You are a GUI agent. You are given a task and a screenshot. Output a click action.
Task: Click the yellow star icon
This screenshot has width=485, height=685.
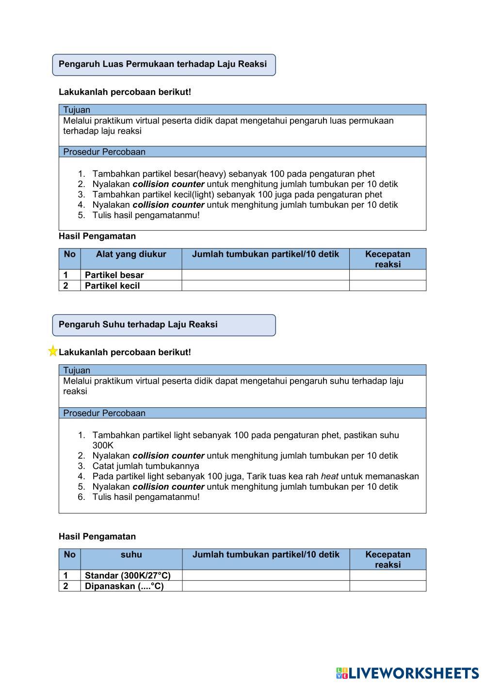coord(52,351)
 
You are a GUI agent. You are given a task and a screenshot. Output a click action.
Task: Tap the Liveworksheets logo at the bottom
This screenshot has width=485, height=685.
coord(407,673)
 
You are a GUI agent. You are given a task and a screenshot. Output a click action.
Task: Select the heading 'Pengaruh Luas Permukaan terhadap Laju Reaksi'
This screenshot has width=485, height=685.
coord(163,64)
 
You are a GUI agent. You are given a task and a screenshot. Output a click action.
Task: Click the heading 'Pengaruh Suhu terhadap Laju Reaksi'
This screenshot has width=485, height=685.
coord(138,325)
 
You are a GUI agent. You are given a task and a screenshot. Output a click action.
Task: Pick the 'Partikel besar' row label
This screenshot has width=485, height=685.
coord(114,275)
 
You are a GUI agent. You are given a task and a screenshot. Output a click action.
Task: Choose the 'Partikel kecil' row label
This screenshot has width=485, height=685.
coord(113,285)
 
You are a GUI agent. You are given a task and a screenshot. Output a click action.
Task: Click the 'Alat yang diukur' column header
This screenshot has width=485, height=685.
coord(131,254)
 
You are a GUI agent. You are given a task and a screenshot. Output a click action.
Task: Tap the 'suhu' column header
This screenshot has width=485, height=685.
coord(131,555)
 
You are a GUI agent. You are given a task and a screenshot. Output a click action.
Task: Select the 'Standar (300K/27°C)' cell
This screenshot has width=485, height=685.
coord(128,576)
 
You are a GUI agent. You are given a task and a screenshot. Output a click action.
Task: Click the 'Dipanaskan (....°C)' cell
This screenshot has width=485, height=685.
coord(124,586)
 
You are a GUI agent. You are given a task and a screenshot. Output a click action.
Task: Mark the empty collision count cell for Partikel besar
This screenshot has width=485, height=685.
coord(265,275)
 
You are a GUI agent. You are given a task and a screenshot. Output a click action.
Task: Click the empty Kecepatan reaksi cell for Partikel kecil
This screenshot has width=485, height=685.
coord(388,285)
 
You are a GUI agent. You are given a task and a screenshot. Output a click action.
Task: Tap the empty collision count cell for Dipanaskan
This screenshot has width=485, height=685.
coord(266,586)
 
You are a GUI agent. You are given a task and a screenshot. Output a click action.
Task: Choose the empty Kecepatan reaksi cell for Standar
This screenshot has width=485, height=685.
coord(388,576)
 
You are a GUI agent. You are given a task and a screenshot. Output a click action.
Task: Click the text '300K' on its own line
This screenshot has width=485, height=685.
coord(103,445)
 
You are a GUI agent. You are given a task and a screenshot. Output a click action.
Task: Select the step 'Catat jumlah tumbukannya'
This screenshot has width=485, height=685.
coord(145,466)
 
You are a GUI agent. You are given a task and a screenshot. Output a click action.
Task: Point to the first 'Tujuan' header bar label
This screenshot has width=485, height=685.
coord(77,110)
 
